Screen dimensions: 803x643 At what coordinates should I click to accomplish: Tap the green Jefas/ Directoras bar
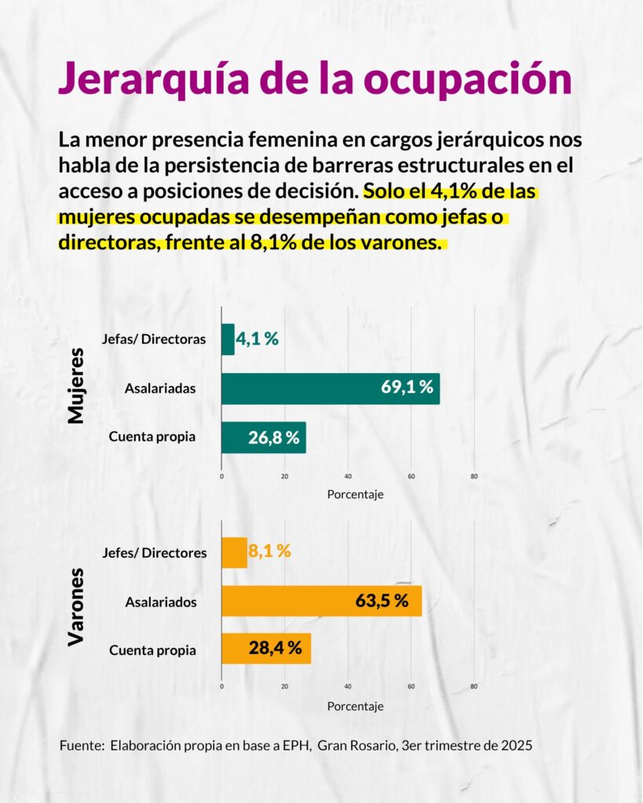[228, 340]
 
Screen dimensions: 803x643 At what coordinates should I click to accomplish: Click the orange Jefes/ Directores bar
[234, 552]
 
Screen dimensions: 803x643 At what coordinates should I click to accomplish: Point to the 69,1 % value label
[407, 388]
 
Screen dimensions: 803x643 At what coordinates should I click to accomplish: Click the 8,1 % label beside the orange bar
[269, 551]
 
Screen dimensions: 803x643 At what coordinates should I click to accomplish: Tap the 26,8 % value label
[274, 438]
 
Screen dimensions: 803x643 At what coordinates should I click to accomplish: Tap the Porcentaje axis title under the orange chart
[355, 706]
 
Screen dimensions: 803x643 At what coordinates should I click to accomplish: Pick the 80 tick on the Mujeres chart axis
[473, 476]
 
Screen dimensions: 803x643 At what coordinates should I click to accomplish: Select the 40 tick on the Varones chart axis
[348, 687]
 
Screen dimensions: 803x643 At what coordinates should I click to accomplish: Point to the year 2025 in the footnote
[517, 745]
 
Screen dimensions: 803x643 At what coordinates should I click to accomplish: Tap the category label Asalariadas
[160, 388]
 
